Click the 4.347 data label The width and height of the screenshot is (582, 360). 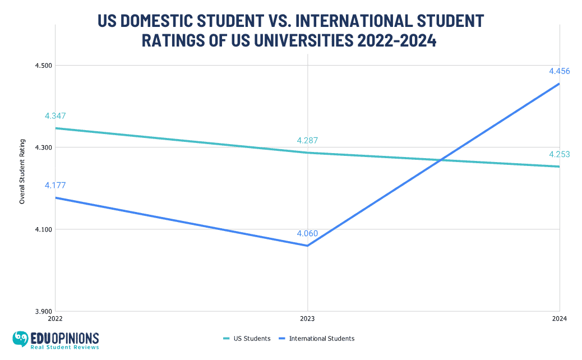coord(56,116)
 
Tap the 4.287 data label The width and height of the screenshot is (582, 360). coord(307,141)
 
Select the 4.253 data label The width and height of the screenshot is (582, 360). coord(559,154)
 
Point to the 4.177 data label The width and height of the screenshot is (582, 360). coord(56,186)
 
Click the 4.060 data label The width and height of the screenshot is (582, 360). coord(307,233)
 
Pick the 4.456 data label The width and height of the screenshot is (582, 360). coord(559,71)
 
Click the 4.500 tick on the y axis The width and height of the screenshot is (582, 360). coord(43,66)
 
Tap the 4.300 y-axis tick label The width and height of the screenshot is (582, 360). coord(43,147)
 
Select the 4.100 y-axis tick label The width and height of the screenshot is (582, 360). coord(43,229)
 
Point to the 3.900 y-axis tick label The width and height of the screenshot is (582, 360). coord(43,311)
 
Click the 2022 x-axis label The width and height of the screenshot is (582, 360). coord(56,319)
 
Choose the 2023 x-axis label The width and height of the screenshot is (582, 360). coord(307,319)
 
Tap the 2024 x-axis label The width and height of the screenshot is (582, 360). coord(559,319)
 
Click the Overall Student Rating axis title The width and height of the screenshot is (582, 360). coord(22,171)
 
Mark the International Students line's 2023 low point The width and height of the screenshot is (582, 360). coord(307,246)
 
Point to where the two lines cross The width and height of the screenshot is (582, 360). coord(442,160)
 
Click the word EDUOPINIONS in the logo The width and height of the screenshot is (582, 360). coord(64,338)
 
